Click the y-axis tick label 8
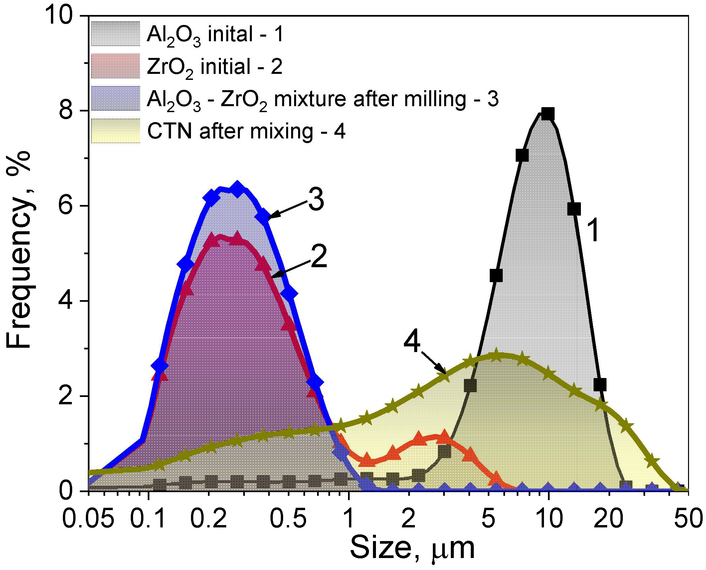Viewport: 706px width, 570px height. pos(66,110)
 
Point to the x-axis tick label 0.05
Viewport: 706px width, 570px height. pos(88,519)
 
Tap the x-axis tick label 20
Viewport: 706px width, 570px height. pos(609,519)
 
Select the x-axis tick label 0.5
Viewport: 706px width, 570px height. pos(288,519)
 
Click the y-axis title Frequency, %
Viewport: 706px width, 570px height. pos(19,250)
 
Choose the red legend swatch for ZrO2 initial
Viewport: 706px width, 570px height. pos(115,66)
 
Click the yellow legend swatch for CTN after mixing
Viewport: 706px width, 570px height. pos(115,131)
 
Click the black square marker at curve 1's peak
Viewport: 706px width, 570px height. pos(548,114)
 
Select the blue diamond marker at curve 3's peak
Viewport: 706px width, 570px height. pos(237,189)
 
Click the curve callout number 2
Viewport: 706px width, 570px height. pos(319,257)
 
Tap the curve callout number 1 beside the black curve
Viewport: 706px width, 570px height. pos(593,230)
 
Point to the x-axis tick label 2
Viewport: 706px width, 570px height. pos(409,519)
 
